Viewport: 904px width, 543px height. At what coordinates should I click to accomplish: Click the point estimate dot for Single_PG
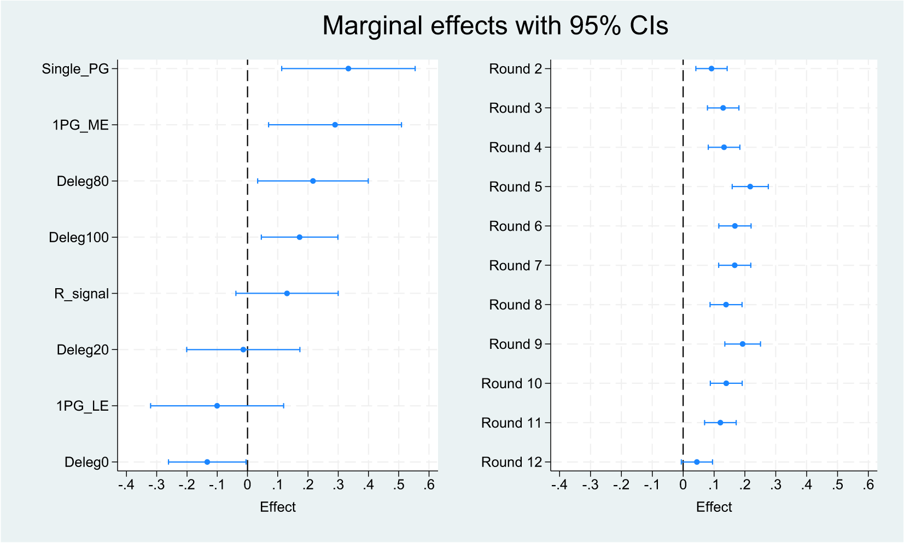348,68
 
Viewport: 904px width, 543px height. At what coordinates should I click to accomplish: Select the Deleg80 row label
83,182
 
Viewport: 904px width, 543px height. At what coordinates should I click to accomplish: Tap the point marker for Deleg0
207,462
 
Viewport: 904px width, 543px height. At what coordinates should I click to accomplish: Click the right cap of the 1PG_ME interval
401,125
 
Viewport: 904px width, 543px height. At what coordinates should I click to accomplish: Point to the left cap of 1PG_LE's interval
150,406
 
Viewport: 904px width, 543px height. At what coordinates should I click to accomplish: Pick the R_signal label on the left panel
81,294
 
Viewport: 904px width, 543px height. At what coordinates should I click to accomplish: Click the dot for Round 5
750,186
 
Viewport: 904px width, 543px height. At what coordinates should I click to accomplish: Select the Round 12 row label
511,463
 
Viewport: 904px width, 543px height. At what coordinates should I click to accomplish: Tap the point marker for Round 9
742,344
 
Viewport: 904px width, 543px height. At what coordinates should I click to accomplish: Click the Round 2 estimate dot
711,68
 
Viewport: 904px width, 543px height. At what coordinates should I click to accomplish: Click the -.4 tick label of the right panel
558,485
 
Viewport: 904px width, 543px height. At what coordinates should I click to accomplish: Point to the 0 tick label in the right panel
683,485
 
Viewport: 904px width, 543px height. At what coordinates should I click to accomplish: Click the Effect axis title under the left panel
278,507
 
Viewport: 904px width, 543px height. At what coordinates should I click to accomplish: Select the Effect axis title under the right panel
714,507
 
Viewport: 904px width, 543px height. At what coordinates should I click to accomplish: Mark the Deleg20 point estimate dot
243,349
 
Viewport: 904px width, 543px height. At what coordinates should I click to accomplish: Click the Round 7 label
515,266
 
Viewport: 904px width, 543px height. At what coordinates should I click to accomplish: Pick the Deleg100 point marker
299,237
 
